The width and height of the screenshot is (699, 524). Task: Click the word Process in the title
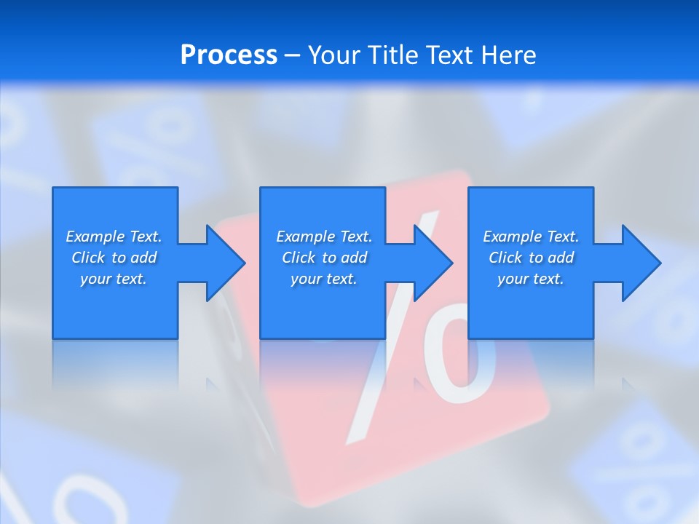[x=229, y=55]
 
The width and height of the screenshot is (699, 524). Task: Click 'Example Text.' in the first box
[x=114, y=237]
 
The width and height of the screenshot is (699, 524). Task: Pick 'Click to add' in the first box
[x=114, y=258]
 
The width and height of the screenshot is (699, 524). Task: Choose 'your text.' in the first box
[x=114, y=279]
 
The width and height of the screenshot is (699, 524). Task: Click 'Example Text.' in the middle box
[x=324, y=237]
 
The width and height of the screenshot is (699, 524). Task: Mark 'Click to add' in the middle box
[x=324, y=258]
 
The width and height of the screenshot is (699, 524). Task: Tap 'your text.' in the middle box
[x=324, y=279]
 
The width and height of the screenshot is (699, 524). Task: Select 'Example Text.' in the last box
[x=531, y=237]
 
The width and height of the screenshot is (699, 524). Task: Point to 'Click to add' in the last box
[x=531, y=258]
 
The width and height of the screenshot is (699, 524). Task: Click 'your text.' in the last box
[x=531, y=279]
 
